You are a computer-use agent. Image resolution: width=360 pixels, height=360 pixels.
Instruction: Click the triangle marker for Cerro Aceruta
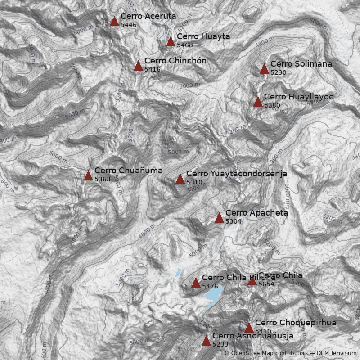[x=114, y=21]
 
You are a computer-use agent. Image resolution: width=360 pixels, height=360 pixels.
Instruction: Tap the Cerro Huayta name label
[x=203, y=36]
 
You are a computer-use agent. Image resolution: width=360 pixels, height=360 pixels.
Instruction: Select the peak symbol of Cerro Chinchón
[x=138, y=66]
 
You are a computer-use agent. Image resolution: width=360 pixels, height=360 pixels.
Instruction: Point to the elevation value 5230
[x=278, y=72]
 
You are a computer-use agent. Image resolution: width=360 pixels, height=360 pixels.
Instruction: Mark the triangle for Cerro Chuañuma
[x=88, y=175]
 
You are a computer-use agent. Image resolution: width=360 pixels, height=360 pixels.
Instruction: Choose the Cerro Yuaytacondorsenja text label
[x=236, y=174]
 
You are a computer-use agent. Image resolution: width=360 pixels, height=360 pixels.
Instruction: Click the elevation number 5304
[x=234, y=221]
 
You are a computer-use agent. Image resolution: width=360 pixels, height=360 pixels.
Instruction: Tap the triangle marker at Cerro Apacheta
[x=219, y=218]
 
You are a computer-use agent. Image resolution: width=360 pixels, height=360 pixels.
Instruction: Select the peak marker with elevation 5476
[x=196, y=283]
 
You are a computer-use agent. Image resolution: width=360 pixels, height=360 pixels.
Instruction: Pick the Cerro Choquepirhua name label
[x=295, y=323]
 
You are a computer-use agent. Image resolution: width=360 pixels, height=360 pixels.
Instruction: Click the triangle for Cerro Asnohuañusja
[x=206, y=341]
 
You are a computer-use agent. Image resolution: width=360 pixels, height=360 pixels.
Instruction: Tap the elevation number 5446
[x=129, y=25]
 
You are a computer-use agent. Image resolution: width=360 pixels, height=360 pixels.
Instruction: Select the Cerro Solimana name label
[x=301, y=64]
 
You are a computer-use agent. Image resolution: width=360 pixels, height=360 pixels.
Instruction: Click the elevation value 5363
[x=103, y=179]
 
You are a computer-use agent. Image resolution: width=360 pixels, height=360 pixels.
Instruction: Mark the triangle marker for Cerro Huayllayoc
[x=258, y=102]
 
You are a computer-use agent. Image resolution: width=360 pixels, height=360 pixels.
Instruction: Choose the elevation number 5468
[x=184, y=45]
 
